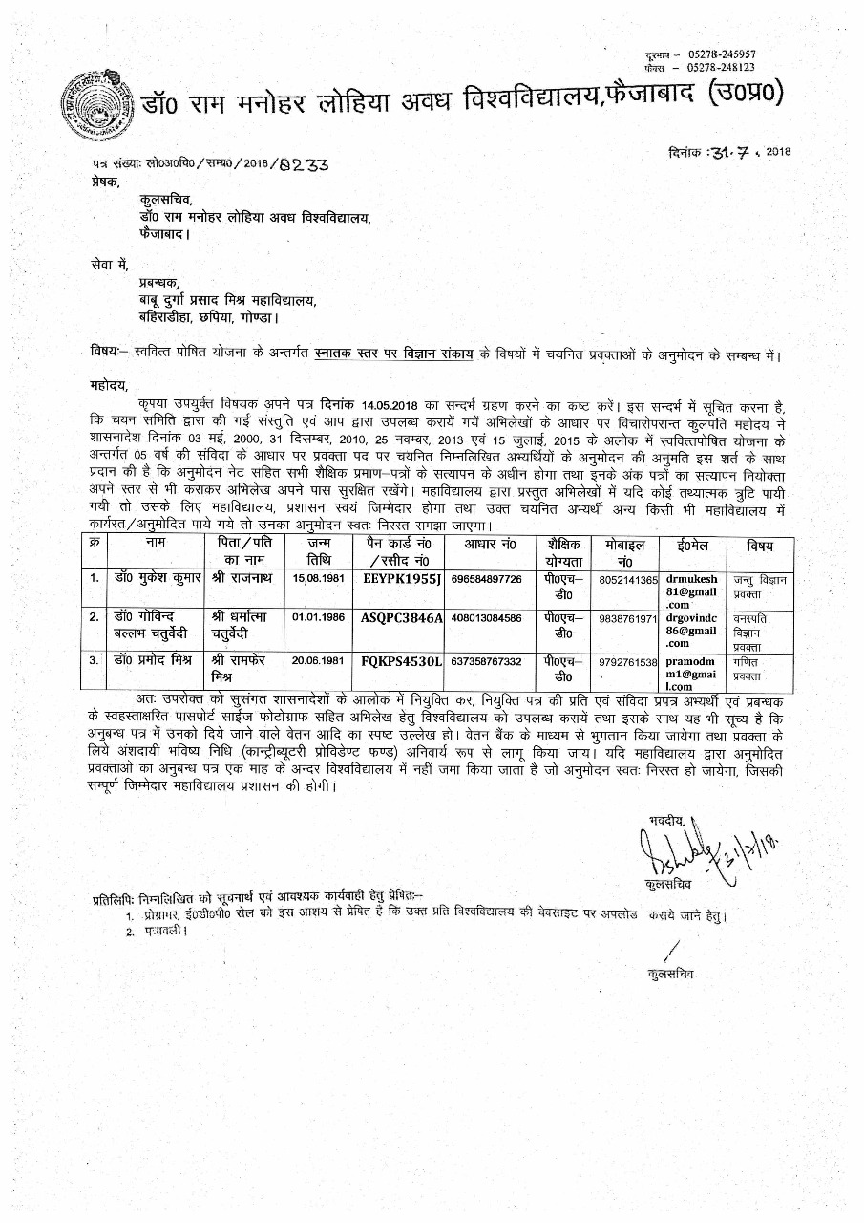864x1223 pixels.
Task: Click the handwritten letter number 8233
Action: click(305, 163)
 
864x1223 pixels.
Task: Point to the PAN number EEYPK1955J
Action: click(402, 579)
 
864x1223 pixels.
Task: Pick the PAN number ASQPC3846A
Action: click(402, 618)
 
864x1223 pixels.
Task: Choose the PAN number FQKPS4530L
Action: click(402, 661)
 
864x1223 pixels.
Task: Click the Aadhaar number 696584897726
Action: click(487, 579)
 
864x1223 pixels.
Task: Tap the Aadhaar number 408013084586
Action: click(487, 618)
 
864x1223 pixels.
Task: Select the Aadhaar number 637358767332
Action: click(487, 661)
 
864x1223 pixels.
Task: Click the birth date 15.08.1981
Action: click(316, 579)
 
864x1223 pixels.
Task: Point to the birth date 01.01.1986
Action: click(316, 618)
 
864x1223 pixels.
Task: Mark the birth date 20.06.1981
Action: click(316, 661)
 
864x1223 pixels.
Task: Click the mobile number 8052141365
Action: click(628, 580)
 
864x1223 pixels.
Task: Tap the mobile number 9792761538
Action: click(628, 662)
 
